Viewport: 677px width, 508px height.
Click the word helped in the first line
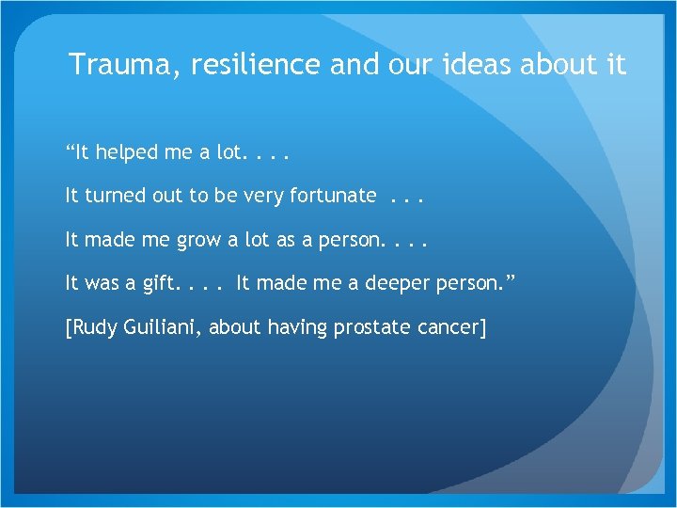pyautogui.click(x=130, y=151)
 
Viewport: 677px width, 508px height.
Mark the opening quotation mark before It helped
pyautogui.click(x=69, y=151)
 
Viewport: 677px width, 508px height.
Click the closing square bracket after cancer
pyautogui.click(x=483, y=328)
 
